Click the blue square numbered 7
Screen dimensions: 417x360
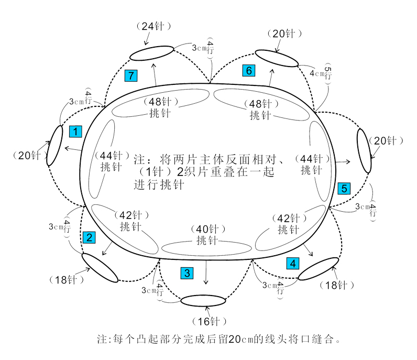(131, 75)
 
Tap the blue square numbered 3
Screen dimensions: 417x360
(187, 273)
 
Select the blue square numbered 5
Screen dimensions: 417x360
(344, 188)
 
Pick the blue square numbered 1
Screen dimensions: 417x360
(75, 132)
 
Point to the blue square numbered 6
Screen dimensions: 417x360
(249, 71)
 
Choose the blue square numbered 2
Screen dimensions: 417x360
(89, 237)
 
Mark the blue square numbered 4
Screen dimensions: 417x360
(293, 264)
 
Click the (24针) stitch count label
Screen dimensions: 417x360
(153, 26)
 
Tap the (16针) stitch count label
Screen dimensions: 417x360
(209, 321)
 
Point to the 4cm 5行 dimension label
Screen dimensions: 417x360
(321, 73)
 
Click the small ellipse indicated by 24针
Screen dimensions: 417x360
(151, 53)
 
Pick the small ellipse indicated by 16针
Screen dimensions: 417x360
(203, 301)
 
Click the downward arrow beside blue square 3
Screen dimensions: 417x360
(206, 272)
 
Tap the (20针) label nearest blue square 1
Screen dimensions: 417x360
(30, 156)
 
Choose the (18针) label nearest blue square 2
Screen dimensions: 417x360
(67, 280)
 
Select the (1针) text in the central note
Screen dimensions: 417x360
(155, 172)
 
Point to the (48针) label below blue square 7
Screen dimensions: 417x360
(161, 101)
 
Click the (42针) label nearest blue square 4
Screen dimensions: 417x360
(289, 219)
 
